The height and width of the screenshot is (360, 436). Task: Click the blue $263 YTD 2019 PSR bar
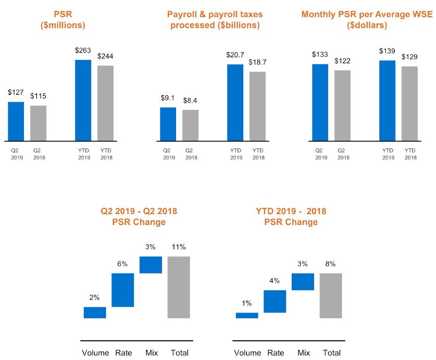83,100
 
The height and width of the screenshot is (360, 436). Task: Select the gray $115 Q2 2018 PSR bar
38,123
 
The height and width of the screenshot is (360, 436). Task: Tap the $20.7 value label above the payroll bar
235,54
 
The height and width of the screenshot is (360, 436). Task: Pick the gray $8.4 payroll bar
190,125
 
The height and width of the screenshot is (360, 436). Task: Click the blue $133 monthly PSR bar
320,102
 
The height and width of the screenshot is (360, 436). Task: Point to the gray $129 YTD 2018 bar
409,103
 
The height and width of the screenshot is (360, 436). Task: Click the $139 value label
387,51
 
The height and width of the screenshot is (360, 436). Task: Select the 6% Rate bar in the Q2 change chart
123,290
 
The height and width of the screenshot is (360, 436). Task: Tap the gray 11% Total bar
179,287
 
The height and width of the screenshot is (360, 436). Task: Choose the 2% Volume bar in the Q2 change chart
95,312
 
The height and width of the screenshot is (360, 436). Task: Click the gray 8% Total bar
331,295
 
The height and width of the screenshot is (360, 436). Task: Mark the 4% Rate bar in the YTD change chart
275,301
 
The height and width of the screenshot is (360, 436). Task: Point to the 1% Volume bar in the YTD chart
247,315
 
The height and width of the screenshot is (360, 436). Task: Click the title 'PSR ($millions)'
63,20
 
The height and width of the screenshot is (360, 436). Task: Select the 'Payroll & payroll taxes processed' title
215,20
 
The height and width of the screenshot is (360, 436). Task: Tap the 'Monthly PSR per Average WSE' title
367,20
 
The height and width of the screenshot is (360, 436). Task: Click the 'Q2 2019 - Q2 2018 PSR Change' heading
139,217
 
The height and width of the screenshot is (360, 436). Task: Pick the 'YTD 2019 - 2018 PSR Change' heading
291,217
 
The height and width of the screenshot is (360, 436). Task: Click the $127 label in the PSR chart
16,92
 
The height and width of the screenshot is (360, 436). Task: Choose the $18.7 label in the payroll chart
257,61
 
